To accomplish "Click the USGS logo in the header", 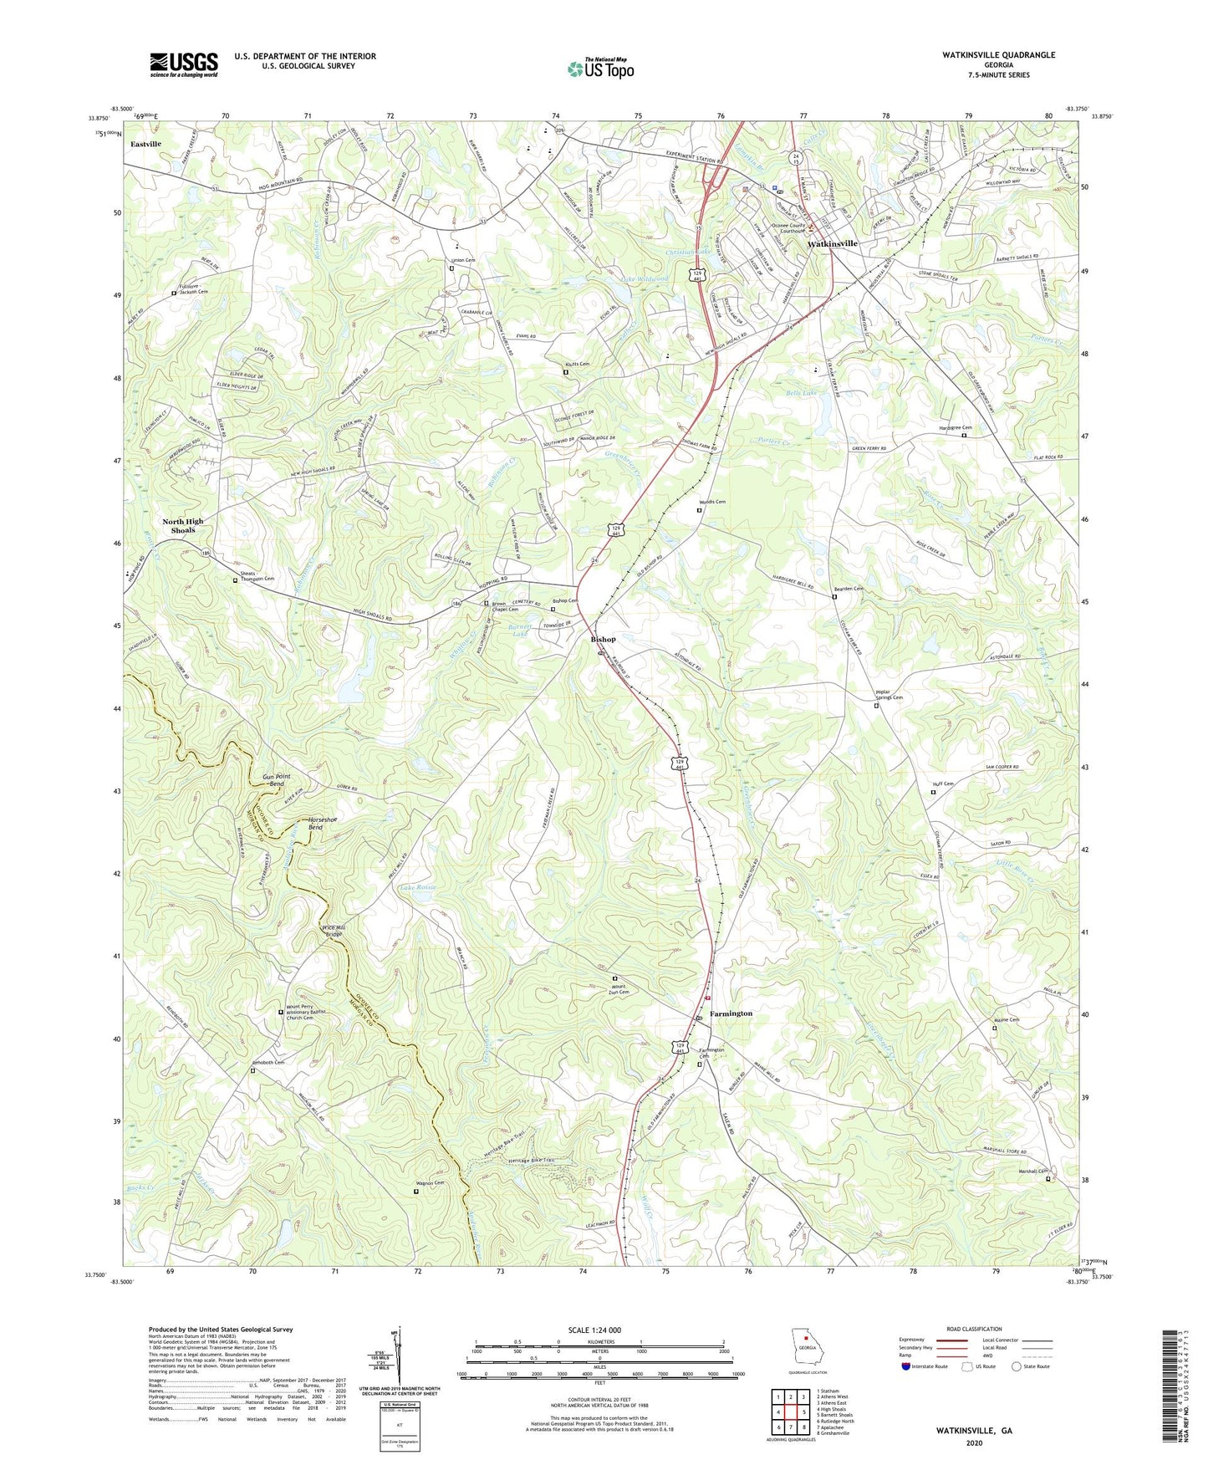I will [x=184, y=64].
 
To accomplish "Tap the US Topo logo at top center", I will [x=599, y=69].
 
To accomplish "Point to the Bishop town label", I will [x=603, y=639].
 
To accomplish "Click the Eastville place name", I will [x=145, y=145].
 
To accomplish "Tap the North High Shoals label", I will [x=182, y=525].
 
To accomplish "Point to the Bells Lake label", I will [x=801, y=392].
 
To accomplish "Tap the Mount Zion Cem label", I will [x=619, y=989].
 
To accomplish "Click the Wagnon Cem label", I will [x=427, y=1183].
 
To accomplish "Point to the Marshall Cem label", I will [x=1033, y=1172].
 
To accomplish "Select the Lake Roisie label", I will [x=418, y=887].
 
